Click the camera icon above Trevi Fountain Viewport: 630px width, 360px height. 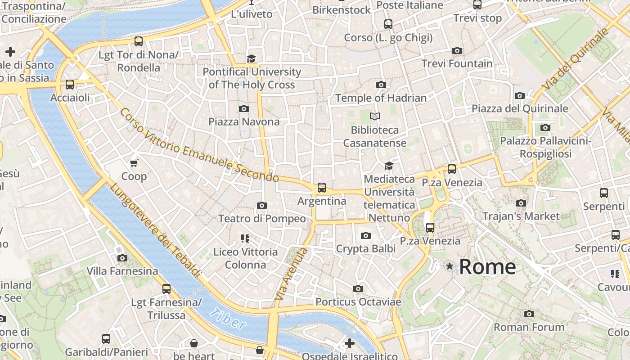point(457,50)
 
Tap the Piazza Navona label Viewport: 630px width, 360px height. point(244,121)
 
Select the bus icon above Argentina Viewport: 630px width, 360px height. point(321,188)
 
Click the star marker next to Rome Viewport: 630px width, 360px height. point(450,266)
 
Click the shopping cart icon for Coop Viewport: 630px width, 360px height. point(134,163)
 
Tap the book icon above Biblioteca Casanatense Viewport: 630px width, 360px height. point(374,117)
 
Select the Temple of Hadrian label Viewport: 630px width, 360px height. point(381,98)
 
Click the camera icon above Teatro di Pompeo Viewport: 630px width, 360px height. point(261,206)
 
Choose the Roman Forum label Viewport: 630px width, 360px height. point(529,327)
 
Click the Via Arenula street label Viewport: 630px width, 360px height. point(291,274)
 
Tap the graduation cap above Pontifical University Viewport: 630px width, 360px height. point(251,59)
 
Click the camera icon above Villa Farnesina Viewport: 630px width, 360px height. point(122,258)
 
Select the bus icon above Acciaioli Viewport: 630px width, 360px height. point(69,85)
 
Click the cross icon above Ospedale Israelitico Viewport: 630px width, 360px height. point(349,343)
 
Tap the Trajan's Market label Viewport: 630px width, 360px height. point(521,216)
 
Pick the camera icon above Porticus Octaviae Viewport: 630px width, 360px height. point(358,288)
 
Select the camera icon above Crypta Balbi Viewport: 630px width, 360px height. point(366,235)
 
